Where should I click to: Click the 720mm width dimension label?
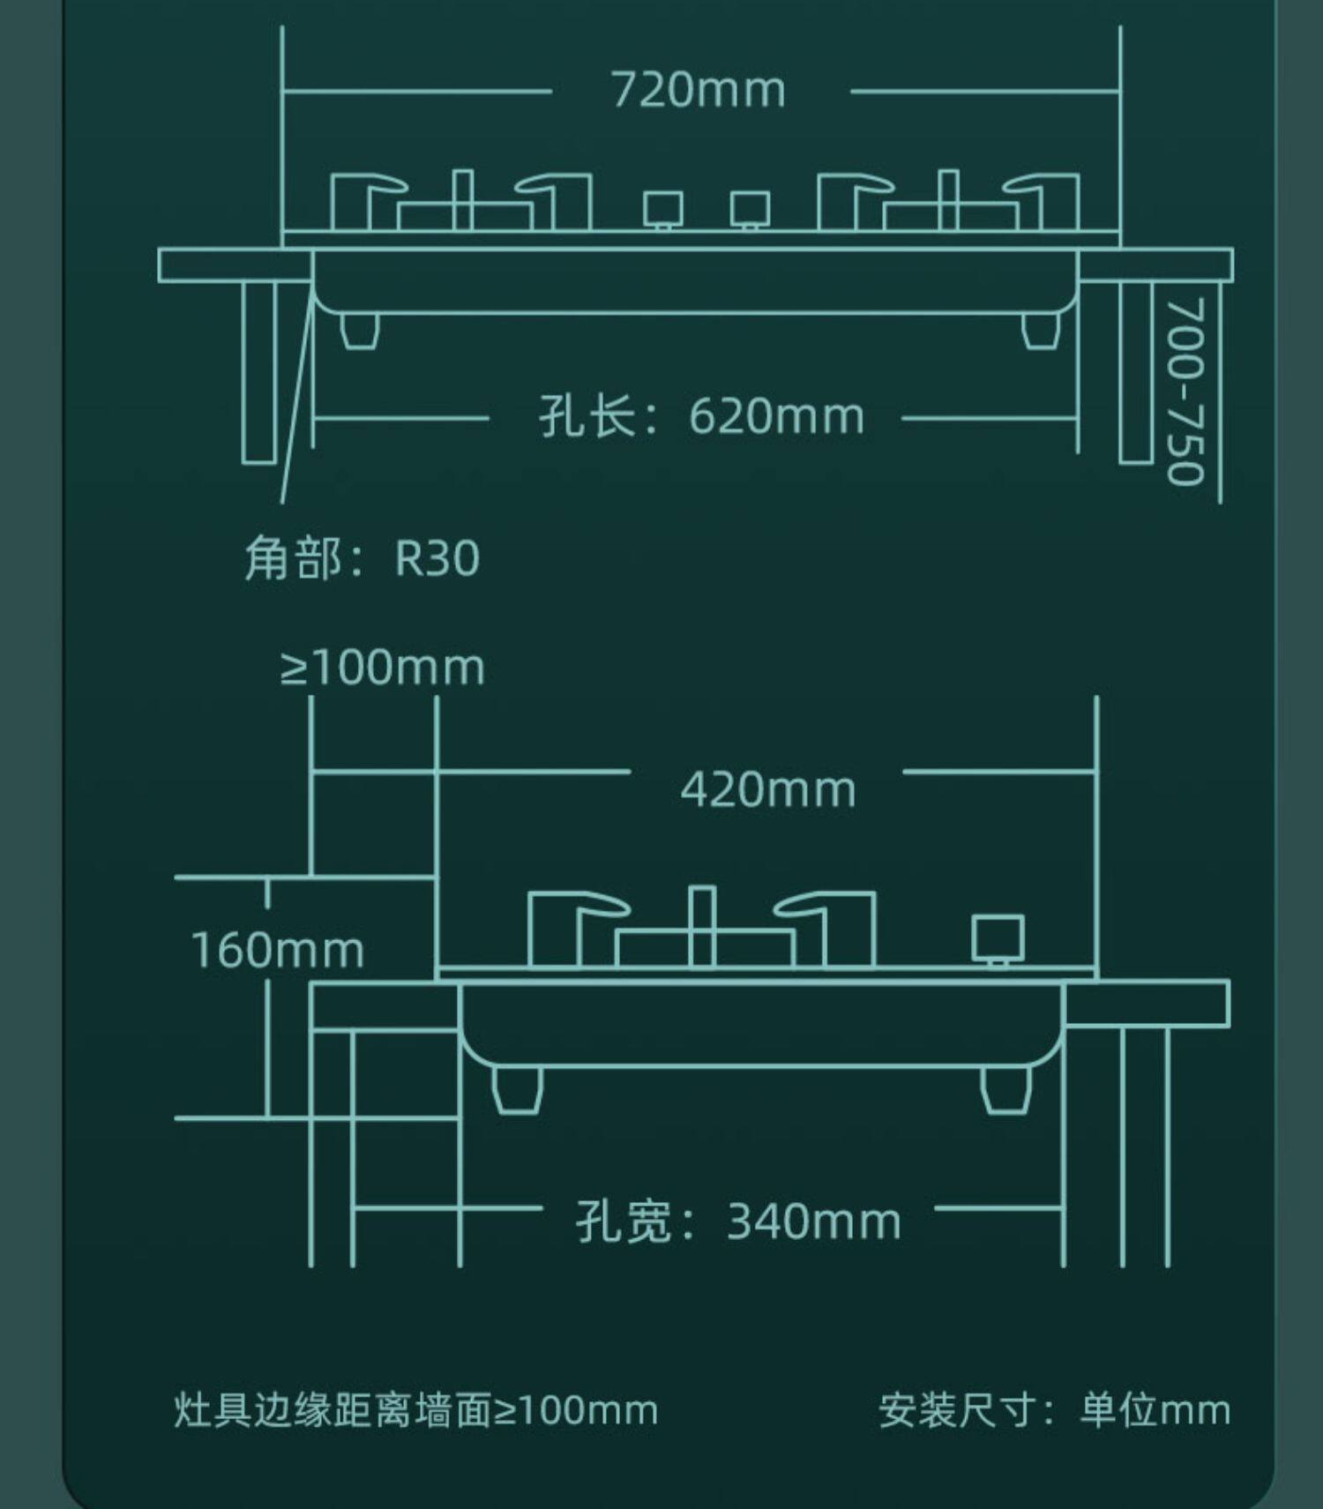click(698, 90)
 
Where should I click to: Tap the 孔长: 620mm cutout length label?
click(701, 416)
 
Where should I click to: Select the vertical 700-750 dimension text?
click(1185, 392)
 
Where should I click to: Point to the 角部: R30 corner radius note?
click(362, 558)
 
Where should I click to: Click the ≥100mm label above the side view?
click(383, 668)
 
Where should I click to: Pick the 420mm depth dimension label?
click(767, 789)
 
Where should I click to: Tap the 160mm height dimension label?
click(277, 951)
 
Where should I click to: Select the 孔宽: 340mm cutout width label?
click(738, 1221)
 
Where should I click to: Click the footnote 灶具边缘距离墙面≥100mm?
click(415, 1409)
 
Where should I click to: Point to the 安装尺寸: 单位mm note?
click(1054, 1409)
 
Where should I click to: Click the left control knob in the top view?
click(662, 210)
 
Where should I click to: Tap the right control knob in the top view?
click(750, 210)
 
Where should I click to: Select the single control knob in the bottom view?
click(998, 938)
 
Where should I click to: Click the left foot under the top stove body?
click(360, 330)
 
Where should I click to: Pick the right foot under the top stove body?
click(1041, 330)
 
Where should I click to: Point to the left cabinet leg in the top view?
click(259, 371)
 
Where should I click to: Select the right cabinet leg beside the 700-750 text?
click(1136, 371)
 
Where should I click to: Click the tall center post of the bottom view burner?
click(702, 926)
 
